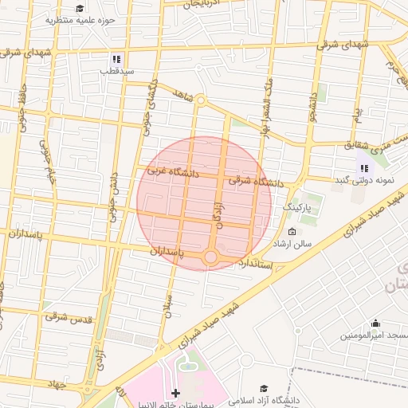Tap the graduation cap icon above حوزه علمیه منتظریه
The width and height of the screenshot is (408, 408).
80,8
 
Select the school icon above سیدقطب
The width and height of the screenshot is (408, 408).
116,59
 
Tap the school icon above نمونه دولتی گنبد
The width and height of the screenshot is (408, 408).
364,168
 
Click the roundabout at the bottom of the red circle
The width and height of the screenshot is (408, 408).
210,257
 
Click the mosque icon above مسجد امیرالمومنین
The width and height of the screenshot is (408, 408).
375,323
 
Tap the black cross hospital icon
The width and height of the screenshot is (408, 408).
175,393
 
